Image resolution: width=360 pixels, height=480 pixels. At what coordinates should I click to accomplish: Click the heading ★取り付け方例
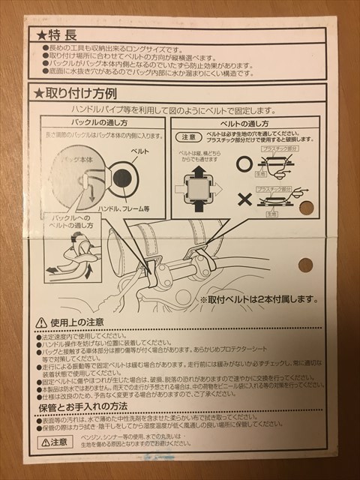[75, 93]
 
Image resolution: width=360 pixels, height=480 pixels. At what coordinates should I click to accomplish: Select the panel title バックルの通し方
[103, 122]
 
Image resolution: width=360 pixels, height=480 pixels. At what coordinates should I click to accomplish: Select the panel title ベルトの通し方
[244, 122]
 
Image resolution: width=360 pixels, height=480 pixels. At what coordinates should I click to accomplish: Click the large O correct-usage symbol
[244, 163]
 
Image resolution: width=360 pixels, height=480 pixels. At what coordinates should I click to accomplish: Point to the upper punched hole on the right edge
[306, 208]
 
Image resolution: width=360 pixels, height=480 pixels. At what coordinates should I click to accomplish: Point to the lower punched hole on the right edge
[305, 264]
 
